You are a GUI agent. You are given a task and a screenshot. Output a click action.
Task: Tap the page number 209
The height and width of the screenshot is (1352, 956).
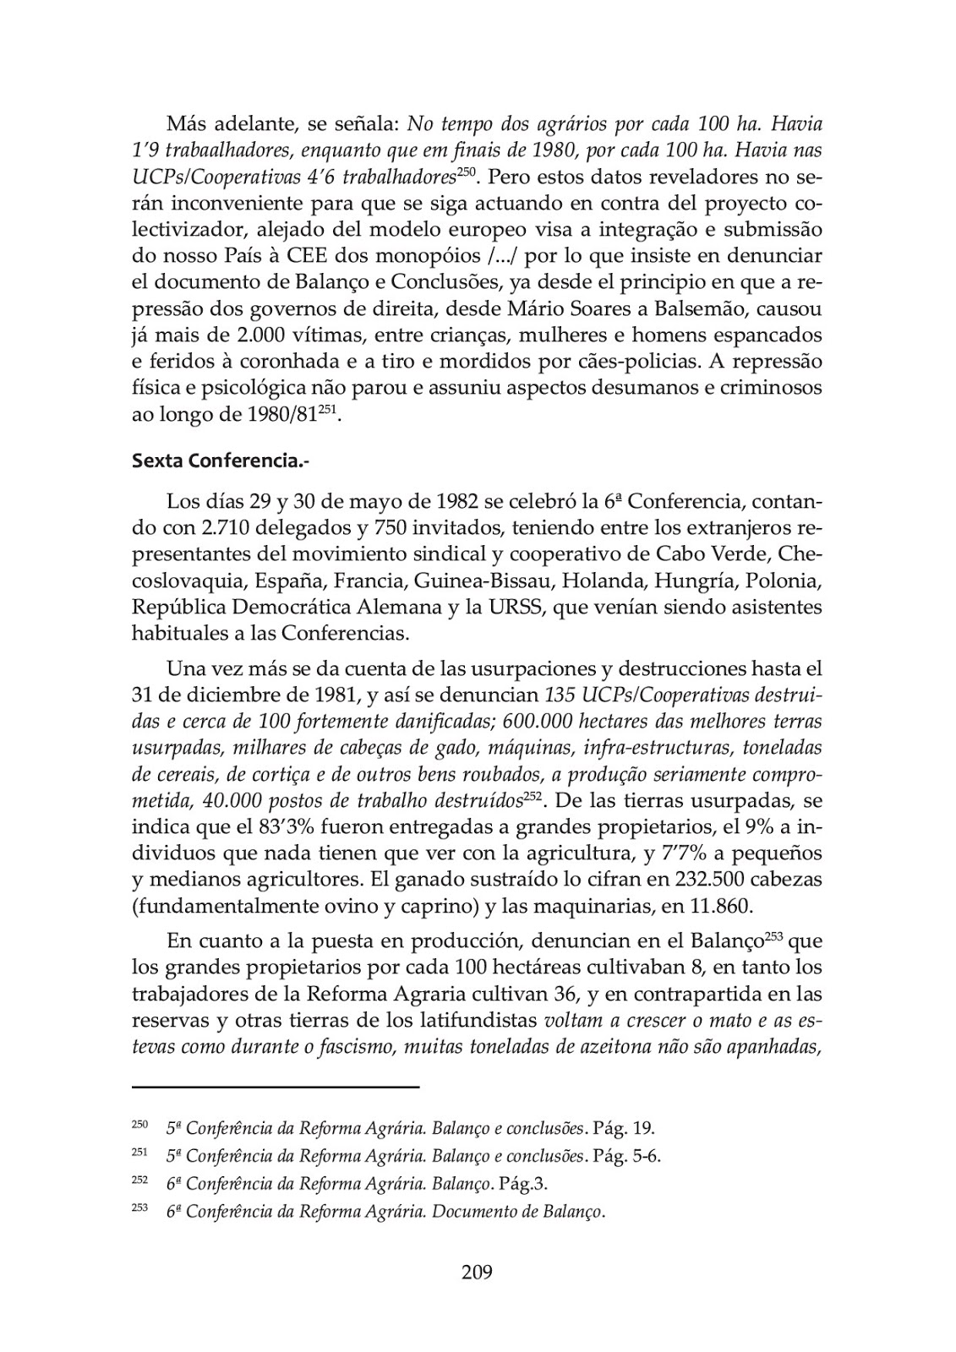pyautogui.click(x=477, y=1271)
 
